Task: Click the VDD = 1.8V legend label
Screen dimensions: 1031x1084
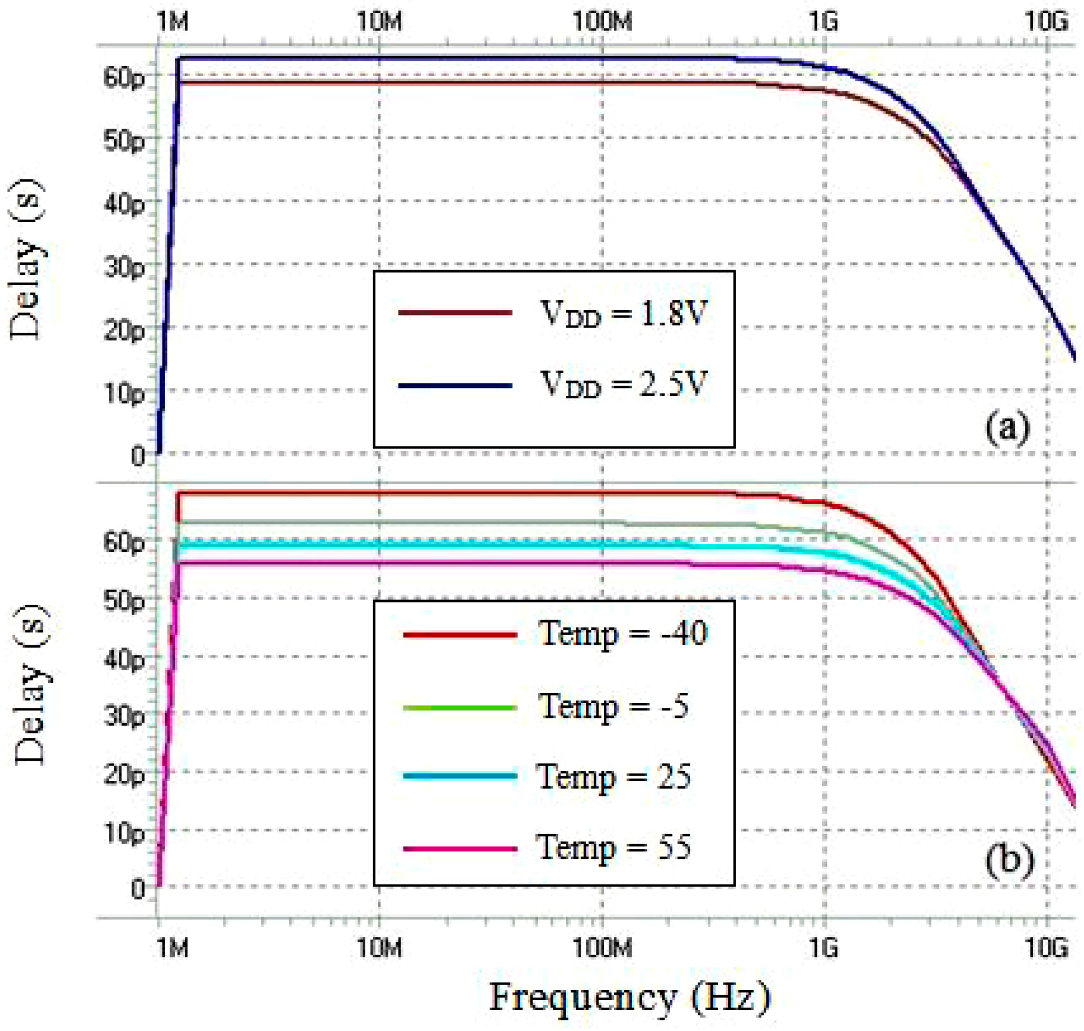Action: pos(623,313)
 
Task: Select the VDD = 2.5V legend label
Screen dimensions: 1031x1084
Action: pos(623,384)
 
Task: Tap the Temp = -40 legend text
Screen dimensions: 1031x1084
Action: pos(622,633)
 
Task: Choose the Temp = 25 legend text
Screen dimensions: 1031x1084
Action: pos(613,776)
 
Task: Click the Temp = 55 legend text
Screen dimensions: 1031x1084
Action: pos(613,848)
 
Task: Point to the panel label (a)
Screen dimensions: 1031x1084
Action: pos(1006,427)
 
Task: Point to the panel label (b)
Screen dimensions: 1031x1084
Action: pos(1008,861)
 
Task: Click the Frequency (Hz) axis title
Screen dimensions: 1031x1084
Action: pos(629,998)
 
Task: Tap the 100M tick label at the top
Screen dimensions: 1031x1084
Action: pos(602,22)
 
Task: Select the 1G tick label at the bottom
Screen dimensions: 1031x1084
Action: pos(824,947)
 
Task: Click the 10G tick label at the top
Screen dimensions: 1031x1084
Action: pos(1046,22)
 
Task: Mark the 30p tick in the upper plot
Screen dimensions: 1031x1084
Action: pos(124,267)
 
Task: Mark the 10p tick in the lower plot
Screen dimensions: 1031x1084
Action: pos(124,832)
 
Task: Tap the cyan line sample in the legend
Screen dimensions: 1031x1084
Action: pos(459,776)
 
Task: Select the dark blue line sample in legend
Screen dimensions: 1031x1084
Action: pos(455,386)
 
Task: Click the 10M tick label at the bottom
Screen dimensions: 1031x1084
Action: pos(380,947)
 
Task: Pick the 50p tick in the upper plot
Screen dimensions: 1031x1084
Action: pos(124,140)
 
